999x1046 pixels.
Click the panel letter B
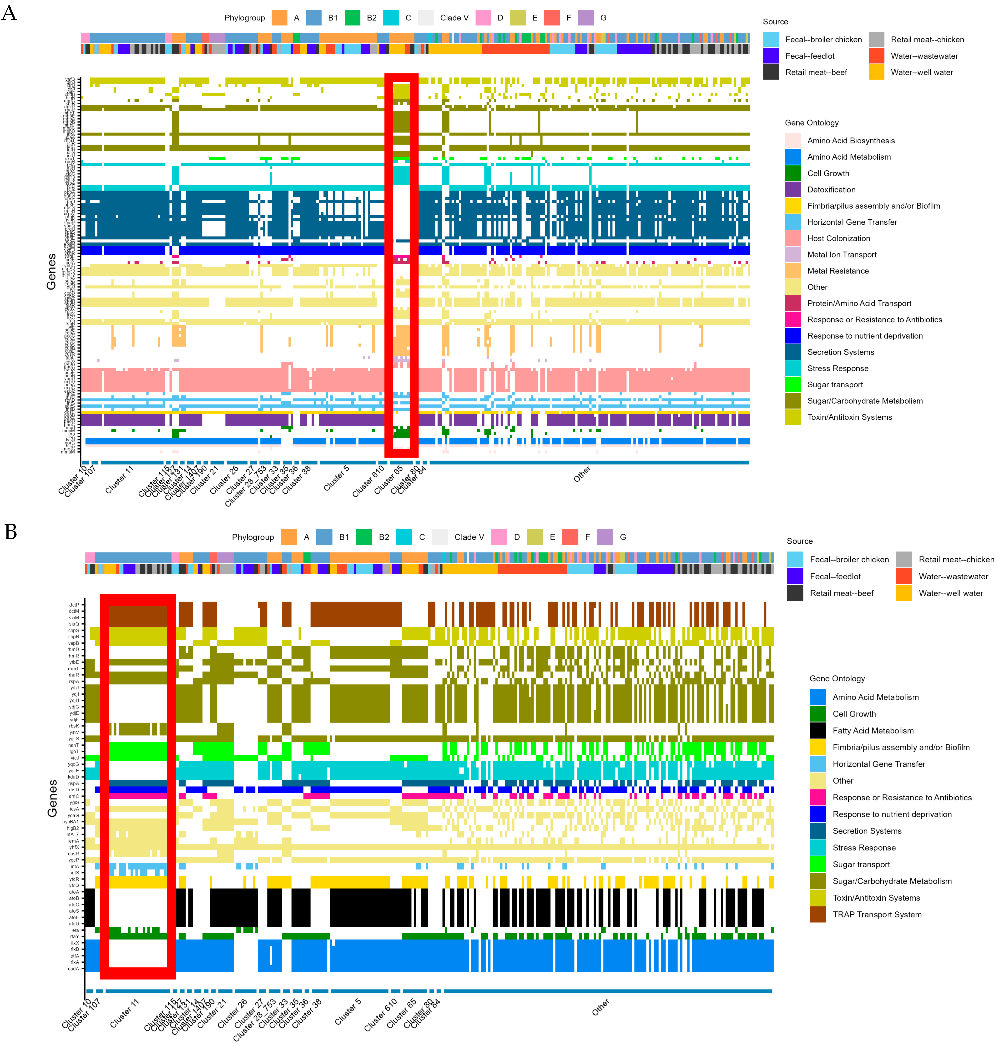coord(11,531)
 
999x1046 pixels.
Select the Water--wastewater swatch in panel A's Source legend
coord(877,56)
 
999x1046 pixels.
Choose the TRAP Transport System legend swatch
coord(817,915)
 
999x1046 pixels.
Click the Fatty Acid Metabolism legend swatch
coord(817,731)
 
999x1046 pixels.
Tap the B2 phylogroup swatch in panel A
coord(353,18)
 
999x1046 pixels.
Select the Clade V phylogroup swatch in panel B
coord(440,537)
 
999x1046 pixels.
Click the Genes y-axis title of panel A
coord(51,272)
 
